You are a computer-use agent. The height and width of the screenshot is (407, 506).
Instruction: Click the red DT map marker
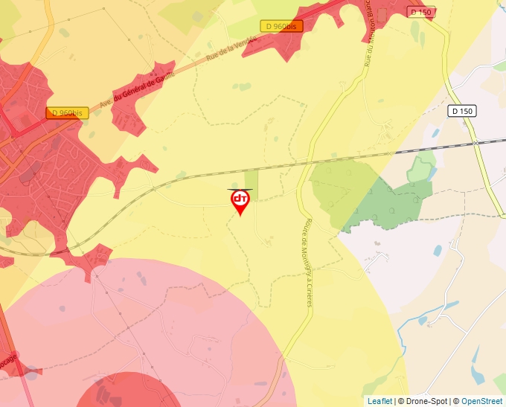(240, 201)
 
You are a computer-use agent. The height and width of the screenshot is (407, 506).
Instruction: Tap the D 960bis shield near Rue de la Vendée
(282, 26)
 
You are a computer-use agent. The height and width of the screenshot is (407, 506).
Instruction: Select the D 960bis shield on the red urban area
(67, 113)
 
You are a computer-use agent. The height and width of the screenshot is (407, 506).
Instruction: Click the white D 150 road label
(462, 111)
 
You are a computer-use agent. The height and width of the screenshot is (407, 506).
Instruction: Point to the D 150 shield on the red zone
(420, 13)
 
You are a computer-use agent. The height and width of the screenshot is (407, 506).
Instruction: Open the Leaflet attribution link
(379, 401)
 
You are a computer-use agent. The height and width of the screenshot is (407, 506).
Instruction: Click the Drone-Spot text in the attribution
(425, 401)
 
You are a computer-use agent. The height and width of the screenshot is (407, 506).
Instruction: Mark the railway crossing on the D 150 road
(474, 141)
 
